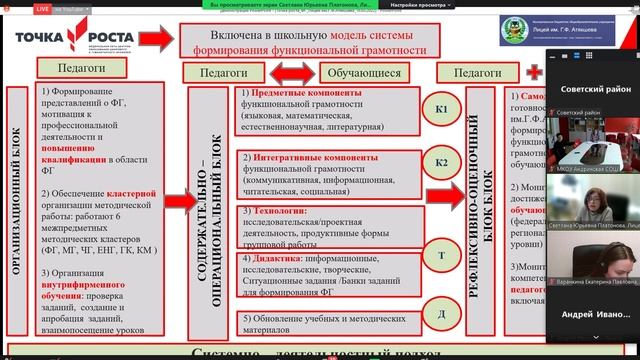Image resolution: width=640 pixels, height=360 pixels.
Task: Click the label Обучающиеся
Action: coord(359,73)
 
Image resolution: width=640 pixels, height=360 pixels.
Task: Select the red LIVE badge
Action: coord(15,6)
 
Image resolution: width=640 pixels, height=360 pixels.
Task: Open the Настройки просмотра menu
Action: coord(415,5)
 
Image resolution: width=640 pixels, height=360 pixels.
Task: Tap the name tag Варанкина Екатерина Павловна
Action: coord(597,283)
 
